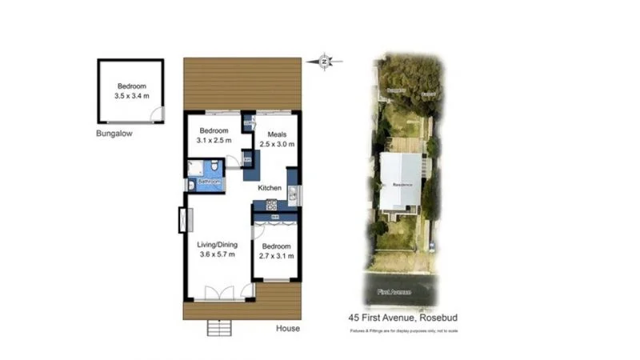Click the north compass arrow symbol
click(324, 61)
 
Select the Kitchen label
click(269, 188)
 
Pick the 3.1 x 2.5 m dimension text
click(214, 141)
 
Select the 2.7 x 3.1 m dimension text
click(277, 256)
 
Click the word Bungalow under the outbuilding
click(114, 134)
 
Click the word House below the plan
click(288, 328)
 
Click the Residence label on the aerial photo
click(402, 184)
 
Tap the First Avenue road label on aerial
click(395, 293)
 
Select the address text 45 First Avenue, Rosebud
click(402, 318)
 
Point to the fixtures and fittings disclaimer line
click(402, 330)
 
